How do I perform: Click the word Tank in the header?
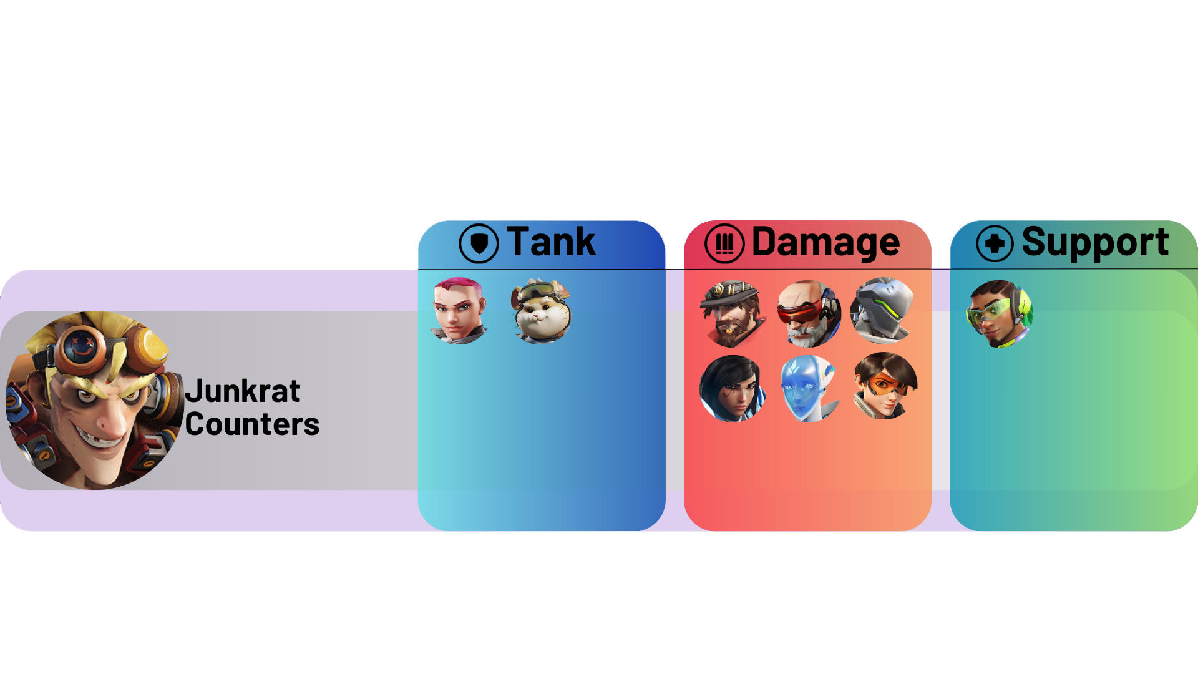tap(551, 242)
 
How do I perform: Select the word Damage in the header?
tap(825, 242)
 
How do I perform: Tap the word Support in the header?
tap(1095, 242)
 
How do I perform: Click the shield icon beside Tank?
tap(479, 243)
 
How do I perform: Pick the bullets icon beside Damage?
tap(724, 243)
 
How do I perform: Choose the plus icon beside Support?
tap(995, 243)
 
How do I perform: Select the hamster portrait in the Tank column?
tap(541, 311)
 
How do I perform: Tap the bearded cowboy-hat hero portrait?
tap(733, 314)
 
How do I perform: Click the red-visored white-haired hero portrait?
tap(809, 314)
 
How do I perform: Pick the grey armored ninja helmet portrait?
tap(883, 311)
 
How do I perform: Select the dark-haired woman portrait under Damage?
tap(733, 388)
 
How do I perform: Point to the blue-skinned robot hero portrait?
tap(809, 388)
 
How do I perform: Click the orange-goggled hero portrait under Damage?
tap(885, 386)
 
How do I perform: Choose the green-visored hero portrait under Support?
tap(1000, 314)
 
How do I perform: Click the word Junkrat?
tap(243, 392)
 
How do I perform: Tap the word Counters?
tap(252, 424)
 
